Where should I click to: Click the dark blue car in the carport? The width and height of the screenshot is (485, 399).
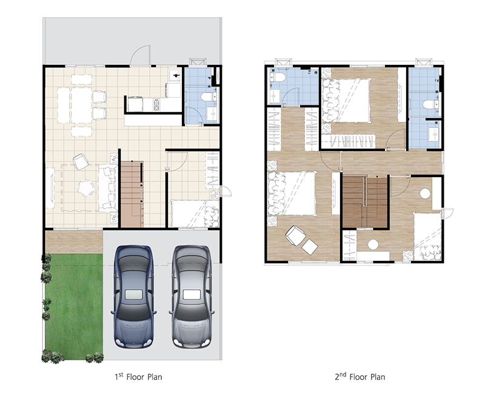click(133, 297)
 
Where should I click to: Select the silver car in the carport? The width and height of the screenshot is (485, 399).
click(192, 297)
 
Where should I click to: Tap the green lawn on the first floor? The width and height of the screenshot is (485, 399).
click(74, 306)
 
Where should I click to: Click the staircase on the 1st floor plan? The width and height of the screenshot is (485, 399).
click(132, 194)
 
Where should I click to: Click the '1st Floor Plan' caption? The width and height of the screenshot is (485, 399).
click(138, 377)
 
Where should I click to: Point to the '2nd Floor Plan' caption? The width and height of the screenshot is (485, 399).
click(360, 377)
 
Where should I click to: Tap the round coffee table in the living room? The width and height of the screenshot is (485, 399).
click(85, 188)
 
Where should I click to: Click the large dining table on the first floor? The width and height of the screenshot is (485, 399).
click(81, 106)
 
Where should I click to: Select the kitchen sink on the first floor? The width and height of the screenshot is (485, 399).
click(175, 75)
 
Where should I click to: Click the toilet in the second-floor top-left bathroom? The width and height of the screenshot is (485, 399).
click(278, 77)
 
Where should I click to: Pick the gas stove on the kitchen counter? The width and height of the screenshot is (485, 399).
click(156, 104)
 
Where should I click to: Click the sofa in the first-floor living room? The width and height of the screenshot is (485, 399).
click(108, 188)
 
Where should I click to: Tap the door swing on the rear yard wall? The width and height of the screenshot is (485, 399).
click(140, 56)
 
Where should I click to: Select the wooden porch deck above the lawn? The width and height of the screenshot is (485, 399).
click(74, 242)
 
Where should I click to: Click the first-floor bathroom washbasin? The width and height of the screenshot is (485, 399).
click(212, 114)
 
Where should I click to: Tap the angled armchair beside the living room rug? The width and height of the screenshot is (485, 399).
click(81, 161)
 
